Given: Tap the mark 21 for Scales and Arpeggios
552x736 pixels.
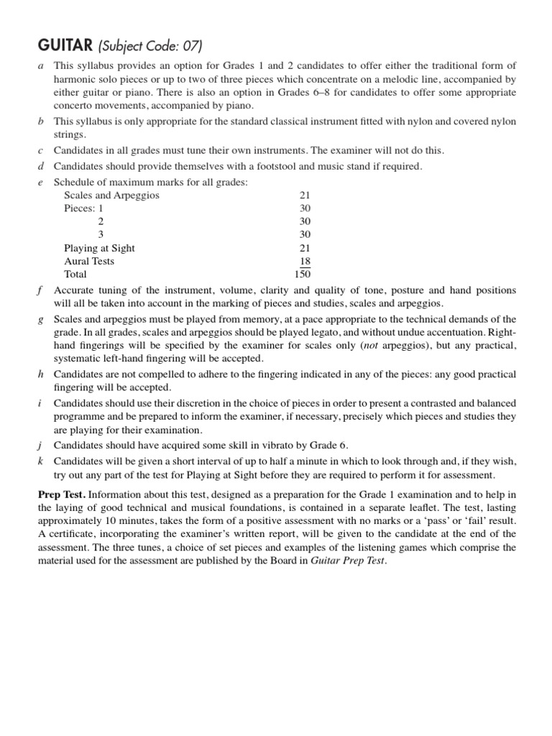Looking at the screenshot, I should (305, 195).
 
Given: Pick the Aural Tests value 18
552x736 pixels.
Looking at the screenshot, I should (305, 262).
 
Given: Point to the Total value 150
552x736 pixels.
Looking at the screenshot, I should (303, 275).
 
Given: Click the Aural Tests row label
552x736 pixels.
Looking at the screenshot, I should (89, 262).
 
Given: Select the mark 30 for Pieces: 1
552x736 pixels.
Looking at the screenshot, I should (305, 208).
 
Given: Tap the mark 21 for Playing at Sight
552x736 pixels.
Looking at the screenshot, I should (305, 248).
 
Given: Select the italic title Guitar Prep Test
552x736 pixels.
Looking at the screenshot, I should (348, 561).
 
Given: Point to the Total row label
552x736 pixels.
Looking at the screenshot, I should (75, 275).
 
